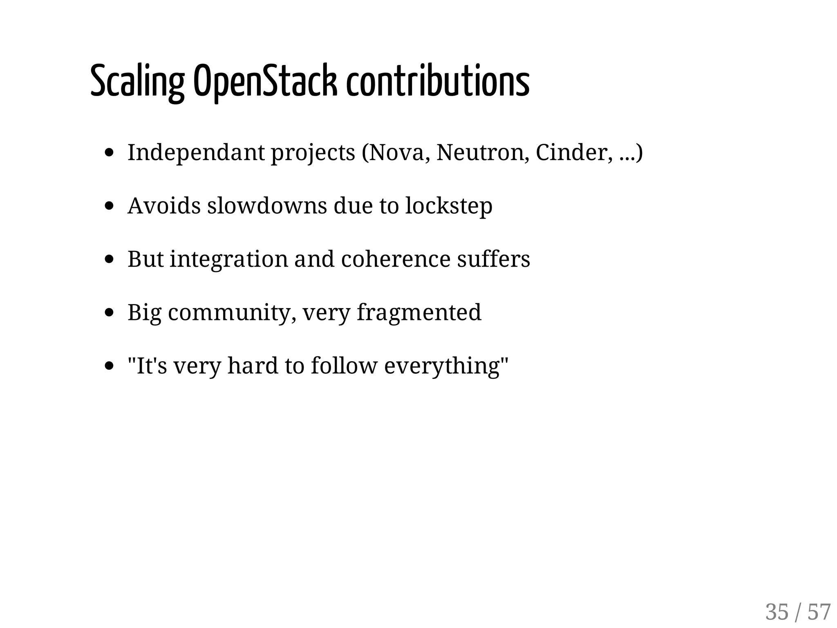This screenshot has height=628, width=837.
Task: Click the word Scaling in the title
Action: tap(137, 82)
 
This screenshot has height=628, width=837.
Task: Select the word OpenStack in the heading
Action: tap(265, 82)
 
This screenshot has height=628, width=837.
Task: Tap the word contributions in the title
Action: tap(438, 82)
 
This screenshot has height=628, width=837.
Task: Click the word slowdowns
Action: tap(267, 206)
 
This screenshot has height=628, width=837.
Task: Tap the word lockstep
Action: tap(449, 206)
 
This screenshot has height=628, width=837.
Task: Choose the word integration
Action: tap(229, 259)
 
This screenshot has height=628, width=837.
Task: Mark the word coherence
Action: tap(395, 259)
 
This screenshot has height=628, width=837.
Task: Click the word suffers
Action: tap(493, 259)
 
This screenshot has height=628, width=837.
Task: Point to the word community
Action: tap(232, 313)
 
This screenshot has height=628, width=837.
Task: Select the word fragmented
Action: tap(419, 313)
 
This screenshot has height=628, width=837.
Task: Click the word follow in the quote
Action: tap(344, 366)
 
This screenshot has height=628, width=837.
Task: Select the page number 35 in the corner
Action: tap(777, 612)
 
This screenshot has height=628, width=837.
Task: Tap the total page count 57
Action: tap(819, 612)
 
